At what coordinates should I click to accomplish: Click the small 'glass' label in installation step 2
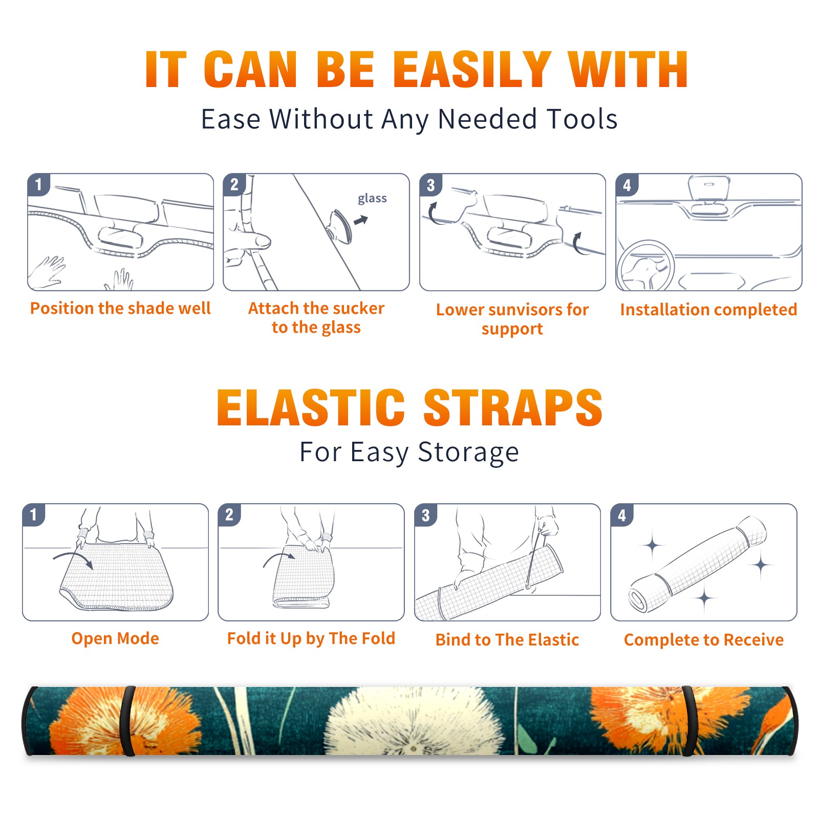pos(372,199)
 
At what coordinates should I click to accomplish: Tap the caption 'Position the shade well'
pos(120,308)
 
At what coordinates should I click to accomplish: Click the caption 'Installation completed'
pos(708,310)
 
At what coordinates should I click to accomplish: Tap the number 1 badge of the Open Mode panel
pos(34,514)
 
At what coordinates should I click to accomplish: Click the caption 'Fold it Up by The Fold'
pos(311,639)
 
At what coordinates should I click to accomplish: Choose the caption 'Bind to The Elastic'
pos(507,640)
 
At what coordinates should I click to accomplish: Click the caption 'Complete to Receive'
pos(704,640)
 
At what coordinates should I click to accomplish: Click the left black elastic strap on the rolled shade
pos(128,721)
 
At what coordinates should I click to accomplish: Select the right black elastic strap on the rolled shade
pos(689,721)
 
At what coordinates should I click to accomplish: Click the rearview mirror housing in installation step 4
pos(709,188)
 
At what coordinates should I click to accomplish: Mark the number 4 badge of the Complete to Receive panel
pos(622,515)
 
